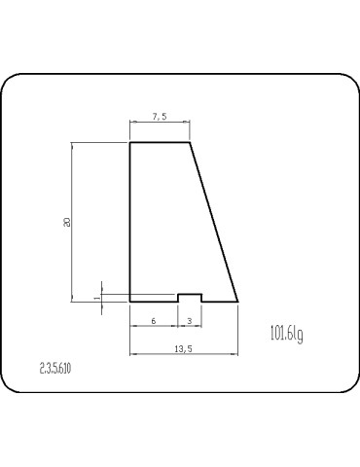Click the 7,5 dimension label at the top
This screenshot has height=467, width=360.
(x=160, y=117)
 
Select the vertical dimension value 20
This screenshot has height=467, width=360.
(x=66, y=222)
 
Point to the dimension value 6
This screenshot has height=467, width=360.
(x=154, y=320)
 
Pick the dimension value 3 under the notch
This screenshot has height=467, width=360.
(x=189, y=320)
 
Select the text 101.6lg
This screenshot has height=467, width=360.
(x=286, y=335)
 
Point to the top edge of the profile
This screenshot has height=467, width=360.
(x=160, y=143)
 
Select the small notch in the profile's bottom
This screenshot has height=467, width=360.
(x=189, y=296)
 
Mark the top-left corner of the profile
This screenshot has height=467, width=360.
(x=130, y=143)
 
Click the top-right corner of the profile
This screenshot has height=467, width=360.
(x=189, y=143)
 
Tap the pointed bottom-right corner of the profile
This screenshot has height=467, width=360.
(x=238, y=302)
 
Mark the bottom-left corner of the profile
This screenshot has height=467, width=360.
(x=130, y=302)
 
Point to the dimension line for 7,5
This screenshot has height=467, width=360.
(x=160, y=124)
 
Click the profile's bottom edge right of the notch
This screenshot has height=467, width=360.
(x=218, y=302)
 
